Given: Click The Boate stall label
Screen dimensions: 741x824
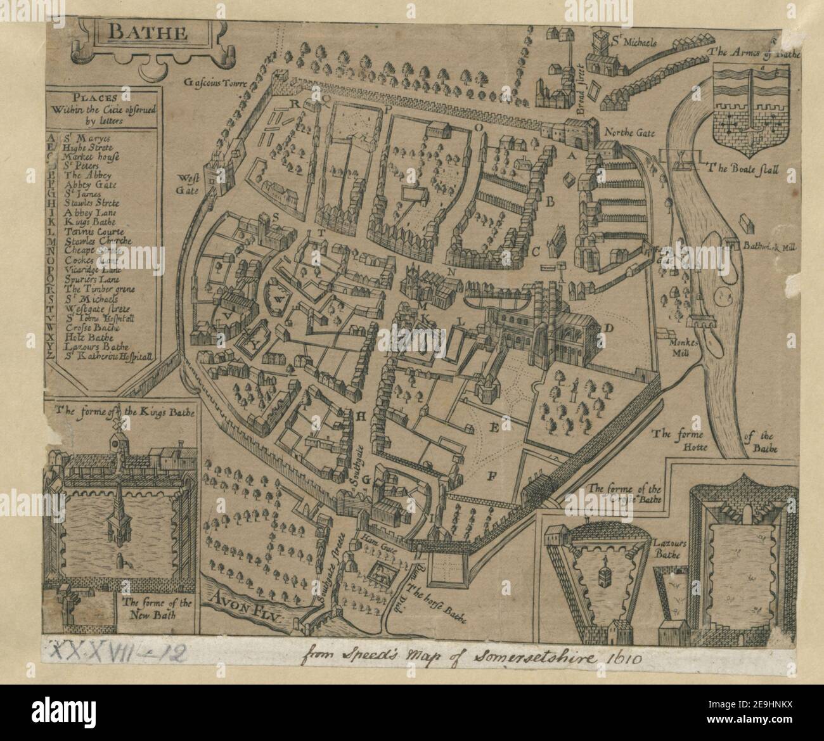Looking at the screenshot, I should coord(744,170).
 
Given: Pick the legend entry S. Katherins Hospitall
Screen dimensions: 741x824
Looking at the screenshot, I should coord(108,356).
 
